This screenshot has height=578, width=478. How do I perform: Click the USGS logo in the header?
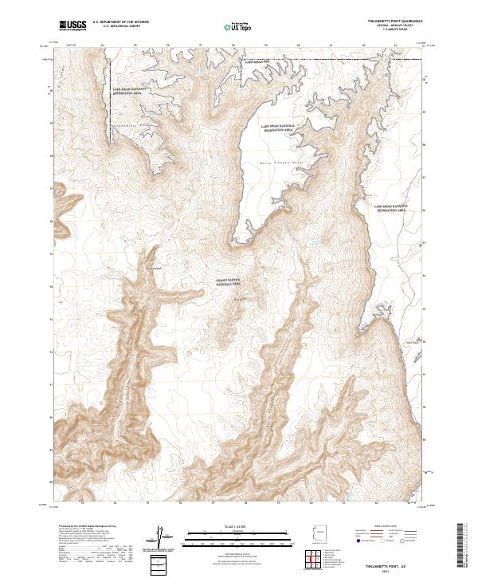[73, 26]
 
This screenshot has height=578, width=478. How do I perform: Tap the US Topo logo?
[238, 26]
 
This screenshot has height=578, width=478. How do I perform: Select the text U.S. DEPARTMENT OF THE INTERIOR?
[120, 22]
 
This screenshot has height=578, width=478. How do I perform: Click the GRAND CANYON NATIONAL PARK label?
[228, 282]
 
